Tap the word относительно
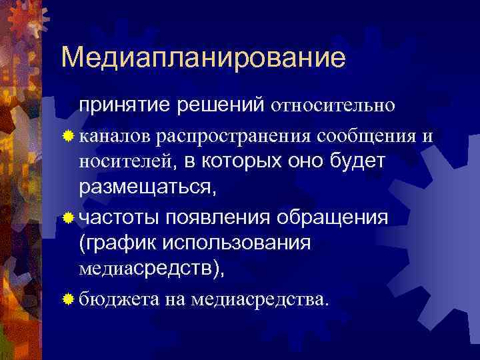[334, 105]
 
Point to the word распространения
[237, 136]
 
